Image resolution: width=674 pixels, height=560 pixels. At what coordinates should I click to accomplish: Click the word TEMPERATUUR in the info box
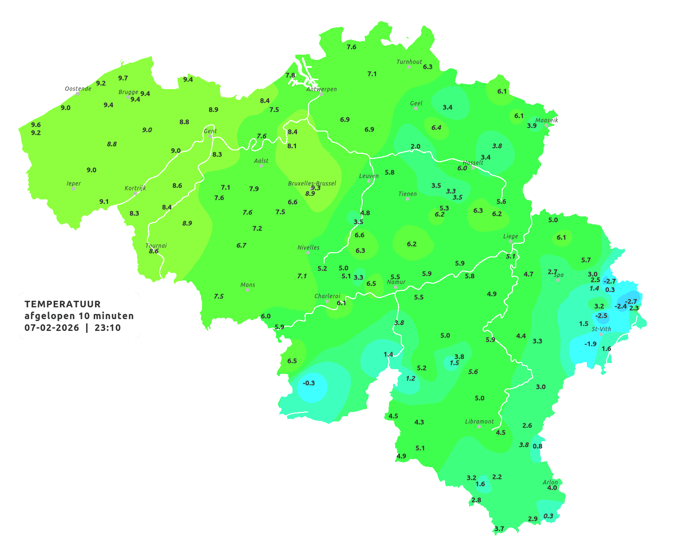click(x=63, y=304)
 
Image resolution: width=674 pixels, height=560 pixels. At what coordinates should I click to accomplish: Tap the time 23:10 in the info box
click(x=107, y=328)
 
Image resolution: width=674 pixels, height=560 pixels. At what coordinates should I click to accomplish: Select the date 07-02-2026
click(x=52, y=328)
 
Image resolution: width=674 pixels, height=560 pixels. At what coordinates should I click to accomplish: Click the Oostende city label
click(x=78, y=89)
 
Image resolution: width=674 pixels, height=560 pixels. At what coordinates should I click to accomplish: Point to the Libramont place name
click(x=479, y=421)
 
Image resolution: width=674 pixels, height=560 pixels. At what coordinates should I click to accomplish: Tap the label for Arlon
click(x=550, y=482)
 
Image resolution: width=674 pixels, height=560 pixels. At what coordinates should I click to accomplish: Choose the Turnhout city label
click(x=409, y=62)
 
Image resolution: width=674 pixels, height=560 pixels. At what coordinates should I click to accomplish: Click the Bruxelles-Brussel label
click(x=312, y=183)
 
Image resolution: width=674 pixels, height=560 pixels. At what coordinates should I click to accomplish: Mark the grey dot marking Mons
click(x=247, y=290)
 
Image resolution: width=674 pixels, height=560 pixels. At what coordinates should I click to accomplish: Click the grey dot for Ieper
click(x=73, y=189)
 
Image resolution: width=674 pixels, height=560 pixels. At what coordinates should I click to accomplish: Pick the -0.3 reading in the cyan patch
click(x=309, y=383)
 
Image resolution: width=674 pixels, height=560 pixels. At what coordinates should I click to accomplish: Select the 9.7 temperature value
click(x=123, y=78)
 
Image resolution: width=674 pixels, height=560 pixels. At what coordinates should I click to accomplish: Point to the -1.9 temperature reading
click(x=590, y=344)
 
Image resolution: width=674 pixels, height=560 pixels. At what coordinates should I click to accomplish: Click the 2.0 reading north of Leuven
click(x=415, y=147)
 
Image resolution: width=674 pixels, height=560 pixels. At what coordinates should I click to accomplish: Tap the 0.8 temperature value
click(x=537, y=446)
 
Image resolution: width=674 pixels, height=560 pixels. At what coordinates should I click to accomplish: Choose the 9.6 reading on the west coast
click(x=36, y=125)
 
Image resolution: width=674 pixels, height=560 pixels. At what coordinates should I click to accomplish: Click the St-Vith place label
click(x=601, y=329)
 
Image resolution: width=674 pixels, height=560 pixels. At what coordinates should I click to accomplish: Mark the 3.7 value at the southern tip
click(x=499, y=529)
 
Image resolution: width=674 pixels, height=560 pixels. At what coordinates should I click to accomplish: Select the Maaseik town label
click(x=546, y=120)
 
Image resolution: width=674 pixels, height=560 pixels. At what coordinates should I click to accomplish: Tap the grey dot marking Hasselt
click(x=473, y=167)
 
